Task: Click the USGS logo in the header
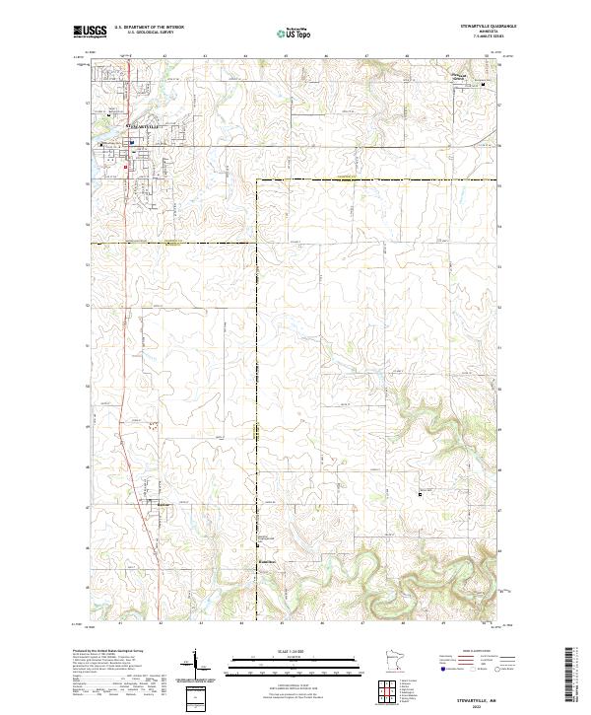[87, 33]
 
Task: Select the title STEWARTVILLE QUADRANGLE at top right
[474, 28]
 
